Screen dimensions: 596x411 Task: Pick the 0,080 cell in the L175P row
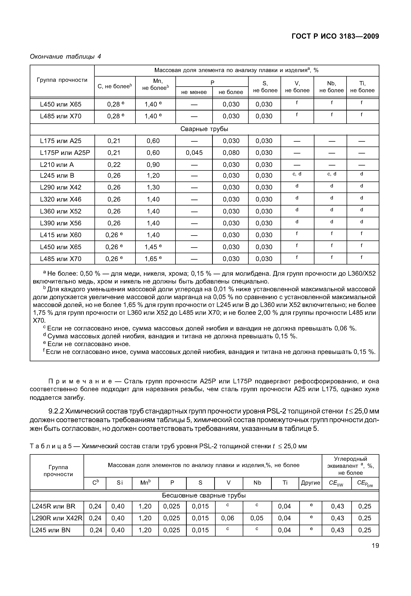(231, 153)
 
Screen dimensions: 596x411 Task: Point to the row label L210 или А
(57, 165)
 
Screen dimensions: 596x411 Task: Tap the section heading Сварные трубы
(204, 129)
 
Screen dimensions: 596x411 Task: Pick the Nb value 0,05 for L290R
(257, 518)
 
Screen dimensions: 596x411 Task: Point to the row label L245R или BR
(54, 506)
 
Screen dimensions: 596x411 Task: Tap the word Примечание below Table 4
(80, 381)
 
